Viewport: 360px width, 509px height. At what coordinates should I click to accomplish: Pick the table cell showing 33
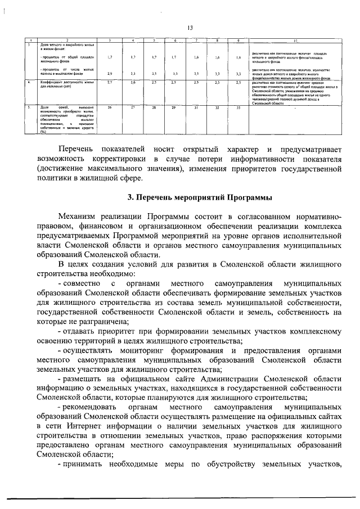[x=238, y=107]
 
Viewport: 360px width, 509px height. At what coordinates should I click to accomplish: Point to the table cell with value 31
[x=196, y=107]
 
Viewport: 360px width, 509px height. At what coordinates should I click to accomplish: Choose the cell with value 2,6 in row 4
[x=132, y=83]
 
